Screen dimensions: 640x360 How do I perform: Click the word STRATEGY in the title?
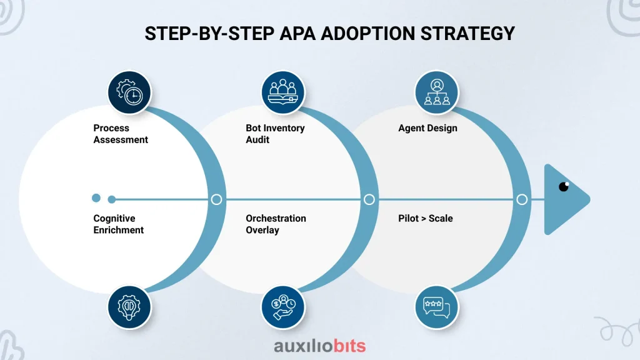[x=467, y=34]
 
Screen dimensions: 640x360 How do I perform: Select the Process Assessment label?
[x=121, y=134]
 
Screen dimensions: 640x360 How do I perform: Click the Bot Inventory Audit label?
[x=275, y=134]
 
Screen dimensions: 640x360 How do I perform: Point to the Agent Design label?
[x=427, y=128]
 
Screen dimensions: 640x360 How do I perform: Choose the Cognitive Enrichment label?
[x=118, y=224]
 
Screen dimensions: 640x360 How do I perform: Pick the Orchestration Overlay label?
[x=276, y=224]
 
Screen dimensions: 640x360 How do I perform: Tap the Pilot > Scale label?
[x=425, y=218]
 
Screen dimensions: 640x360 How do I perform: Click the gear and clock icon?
[x=129, y=92]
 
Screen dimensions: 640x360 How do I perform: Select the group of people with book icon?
[x=283, y=92]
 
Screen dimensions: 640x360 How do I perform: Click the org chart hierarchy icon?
[x=437, y=92]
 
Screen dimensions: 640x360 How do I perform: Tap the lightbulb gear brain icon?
[x=129, y=307]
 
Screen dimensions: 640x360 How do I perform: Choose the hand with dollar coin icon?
[x=283, y=307]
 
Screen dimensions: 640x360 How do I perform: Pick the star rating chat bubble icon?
[x=437, y=307]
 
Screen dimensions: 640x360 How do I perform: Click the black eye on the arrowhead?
[x=564, y=186]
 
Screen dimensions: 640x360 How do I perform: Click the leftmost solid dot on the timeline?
[x=96, y=198]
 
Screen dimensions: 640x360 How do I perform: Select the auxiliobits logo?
[x=319, y=346]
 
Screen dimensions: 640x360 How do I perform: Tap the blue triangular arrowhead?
[x=563, y=199]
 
